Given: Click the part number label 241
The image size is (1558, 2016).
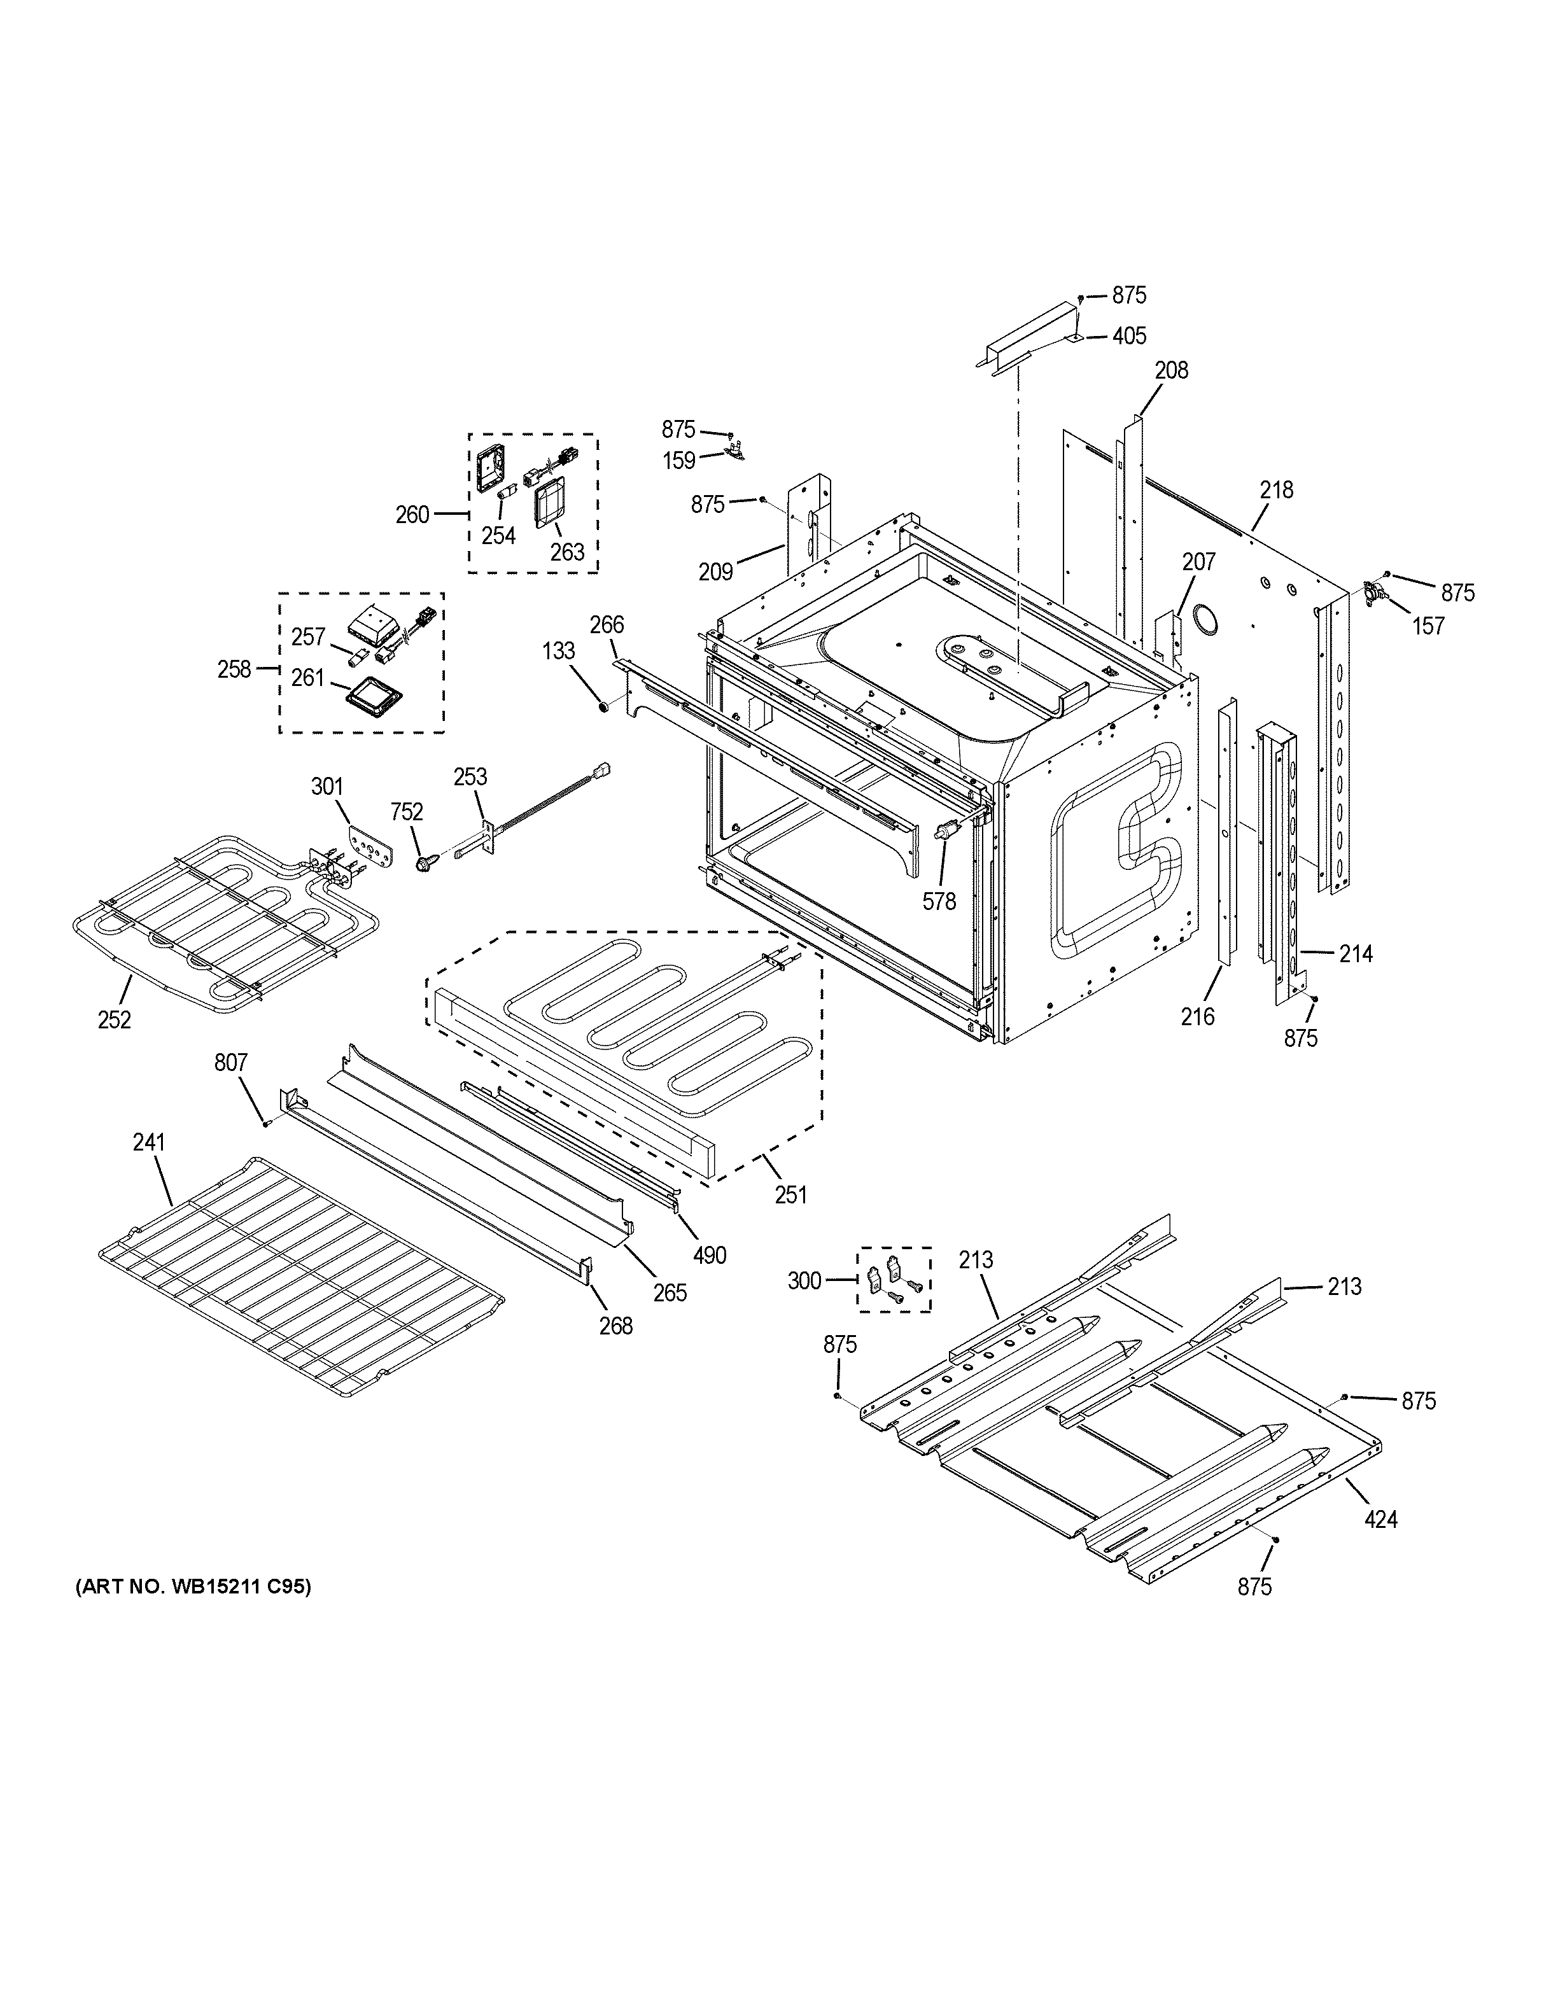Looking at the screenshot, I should (148, 1142).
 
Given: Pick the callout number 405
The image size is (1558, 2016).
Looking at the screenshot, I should (1129, 336).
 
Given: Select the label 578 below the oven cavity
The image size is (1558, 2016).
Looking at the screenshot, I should (939, 901).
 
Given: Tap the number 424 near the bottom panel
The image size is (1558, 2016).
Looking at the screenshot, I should (1381, 1518).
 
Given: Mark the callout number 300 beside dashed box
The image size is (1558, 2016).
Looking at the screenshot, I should (804, 1280).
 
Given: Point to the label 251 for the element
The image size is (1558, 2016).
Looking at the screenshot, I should (791, 1194).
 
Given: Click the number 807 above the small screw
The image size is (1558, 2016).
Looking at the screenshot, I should (231, 1063).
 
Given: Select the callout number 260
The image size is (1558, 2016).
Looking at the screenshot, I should (412, 515).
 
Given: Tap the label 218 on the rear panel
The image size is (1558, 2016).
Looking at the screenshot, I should (1277, 489).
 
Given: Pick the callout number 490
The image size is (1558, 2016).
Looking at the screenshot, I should (710, 1254).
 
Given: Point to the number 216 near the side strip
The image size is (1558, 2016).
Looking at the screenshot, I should (1198, 1016).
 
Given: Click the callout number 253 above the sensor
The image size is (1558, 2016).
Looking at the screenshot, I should (470, 776).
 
